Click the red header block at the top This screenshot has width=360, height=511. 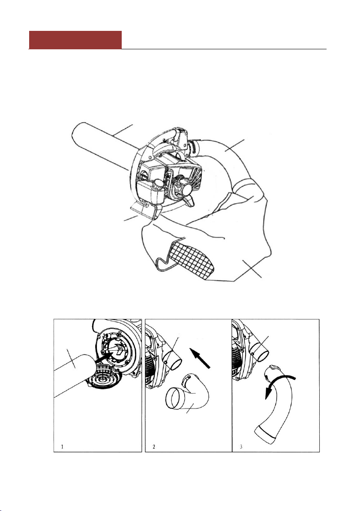click(75, 40)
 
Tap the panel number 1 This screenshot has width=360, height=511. click(62, 446)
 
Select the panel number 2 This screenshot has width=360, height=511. click(154, 446)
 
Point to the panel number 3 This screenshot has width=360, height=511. click(241, 446)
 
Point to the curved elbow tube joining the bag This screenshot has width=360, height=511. click(234, 159)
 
